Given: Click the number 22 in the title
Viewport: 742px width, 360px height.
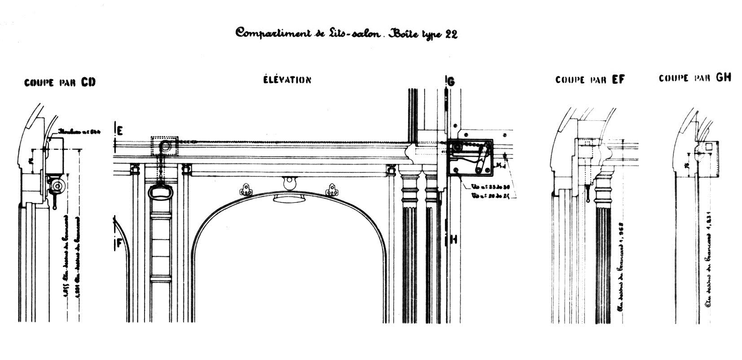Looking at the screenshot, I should pos(450,35).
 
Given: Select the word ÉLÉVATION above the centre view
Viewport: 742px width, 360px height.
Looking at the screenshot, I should pos(287,80).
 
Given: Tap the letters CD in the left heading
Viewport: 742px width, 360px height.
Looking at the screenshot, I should pos(88,82).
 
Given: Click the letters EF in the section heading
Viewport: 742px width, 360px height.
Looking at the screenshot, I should pos(618,80).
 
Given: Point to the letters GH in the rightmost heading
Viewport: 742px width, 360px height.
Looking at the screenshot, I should pos(723,77).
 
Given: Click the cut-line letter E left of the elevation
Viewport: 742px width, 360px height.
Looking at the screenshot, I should pos(120,131).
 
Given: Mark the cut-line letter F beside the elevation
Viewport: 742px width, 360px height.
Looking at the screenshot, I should pos(119,243).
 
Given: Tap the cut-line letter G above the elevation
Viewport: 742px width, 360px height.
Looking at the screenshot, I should pos(451,81).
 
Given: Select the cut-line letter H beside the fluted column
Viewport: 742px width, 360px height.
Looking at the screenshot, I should pos(453,239).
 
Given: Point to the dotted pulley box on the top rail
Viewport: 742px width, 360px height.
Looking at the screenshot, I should pos(165,146).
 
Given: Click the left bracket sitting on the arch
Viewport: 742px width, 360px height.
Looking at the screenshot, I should pos(246,190).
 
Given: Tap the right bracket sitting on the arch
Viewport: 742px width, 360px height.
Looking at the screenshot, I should pos(331,190).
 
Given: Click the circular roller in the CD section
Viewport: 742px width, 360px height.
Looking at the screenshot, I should pos(57,185).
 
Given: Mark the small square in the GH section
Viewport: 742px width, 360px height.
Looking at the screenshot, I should pos(709,147).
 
